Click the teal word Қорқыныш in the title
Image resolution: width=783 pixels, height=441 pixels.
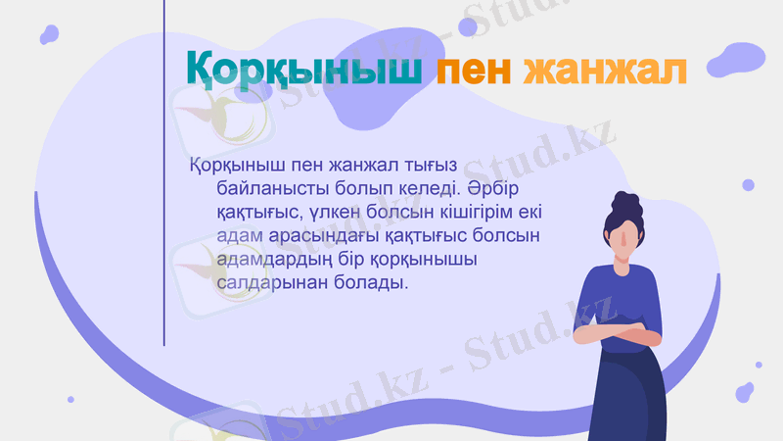[x=303, y=70]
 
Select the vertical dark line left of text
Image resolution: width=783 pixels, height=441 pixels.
[x=163, y=176]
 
